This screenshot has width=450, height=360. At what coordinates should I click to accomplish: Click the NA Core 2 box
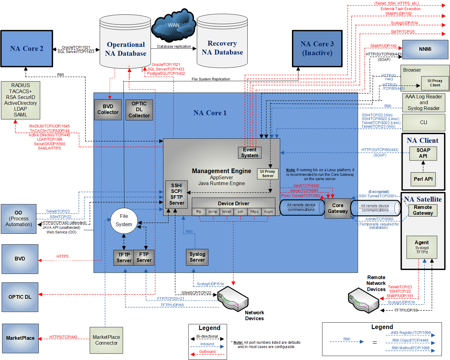(27, 48)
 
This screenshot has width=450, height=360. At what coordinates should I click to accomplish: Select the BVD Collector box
(108, 109)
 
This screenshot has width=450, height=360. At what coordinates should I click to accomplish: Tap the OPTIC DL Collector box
(139, 110)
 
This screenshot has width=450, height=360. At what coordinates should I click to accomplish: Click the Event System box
(249, 153)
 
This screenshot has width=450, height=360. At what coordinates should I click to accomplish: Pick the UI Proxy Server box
(268, 174)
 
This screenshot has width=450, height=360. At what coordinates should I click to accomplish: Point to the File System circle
(124, 220)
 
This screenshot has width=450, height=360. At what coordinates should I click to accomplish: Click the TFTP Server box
(124, 257)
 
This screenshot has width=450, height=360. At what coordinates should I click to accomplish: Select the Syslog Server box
(197, 257)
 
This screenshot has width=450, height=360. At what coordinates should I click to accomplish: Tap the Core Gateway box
(338, 208)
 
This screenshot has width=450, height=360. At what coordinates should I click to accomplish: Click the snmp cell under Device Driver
(212, 212)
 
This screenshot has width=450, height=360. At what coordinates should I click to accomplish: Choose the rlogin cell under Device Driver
(268, 212)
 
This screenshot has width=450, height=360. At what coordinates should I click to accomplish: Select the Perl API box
(423, 179)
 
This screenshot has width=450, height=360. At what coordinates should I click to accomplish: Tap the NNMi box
(425, 49)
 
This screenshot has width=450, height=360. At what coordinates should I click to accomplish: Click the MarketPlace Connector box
(106, 340)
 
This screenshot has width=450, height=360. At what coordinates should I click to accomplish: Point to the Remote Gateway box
(423, 210)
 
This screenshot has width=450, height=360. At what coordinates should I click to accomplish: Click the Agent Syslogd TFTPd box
(422, 247)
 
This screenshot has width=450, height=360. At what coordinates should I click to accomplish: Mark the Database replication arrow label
(174, 47)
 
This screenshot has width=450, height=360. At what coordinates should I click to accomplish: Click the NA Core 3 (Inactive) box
(317, 48)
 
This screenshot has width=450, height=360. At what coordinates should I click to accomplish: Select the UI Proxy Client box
(435, 83)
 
